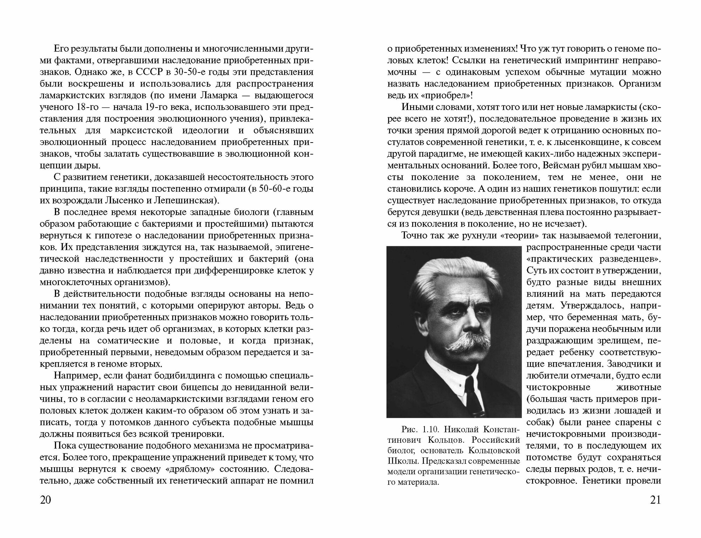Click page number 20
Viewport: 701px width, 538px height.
(46, 500)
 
